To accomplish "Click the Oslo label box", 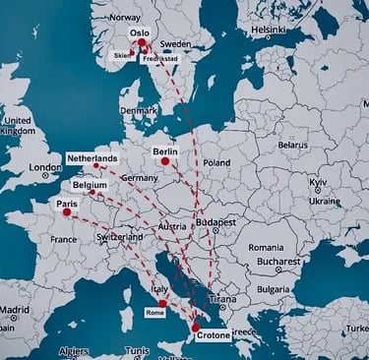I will pyautogui.click(x=140, y=32).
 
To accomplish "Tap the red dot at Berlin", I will pyautogui.click(x=165, y=162).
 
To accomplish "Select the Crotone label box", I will pyautogui.click(x=213, y=335).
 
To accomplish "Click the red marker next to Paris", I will pyautogui.click(x=67, y=211).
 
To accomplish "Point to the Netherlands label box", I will pyautogui.click(x=92, y=158).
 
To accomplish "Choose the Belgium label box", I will pyautogui.click(x=90, y=184).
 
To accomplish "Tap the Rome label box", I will pyautogui.click(x=154, y=312).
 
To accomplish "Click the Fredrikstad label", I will pyautogui.click(x=159, y=59).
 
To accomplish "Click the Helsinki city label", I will pyautogui.click(x=268, y=30).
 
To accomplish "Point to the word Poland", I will pyautogui.click(x=216, y=162).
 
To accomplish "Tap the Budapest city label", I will pyautogui.click(x=215, y=222).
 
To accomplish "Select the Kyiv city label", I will pyautogui.click(x=318, y=183).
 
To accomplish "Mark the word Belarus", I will pyautogui.click(x=292, y=144).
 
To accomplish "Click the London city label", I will pyautogui.click(x=45, y=168).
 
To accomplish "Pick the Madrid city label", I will pyautogui.click(x=15, y=310).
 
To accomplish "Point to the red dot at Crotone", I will pyautogui.click(x=195, y=328).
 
